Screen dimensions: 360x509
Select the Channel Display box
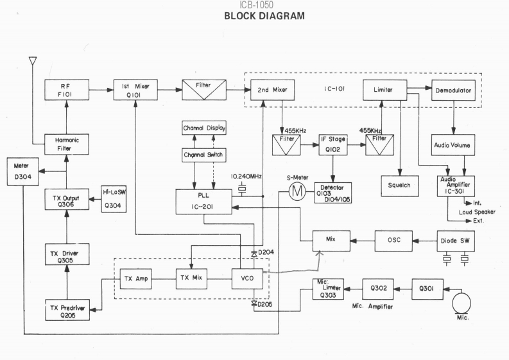(203, 128)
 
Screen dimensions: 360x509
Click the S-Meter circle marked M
(296, 190)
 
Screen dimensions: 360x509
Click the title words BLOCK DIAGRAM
(254, 15)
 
